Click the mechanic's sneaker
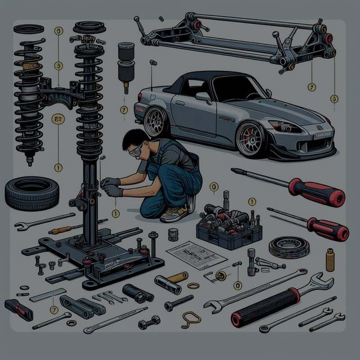(x=173, y=212)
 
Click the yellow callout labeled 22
(x=59, y=119)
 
